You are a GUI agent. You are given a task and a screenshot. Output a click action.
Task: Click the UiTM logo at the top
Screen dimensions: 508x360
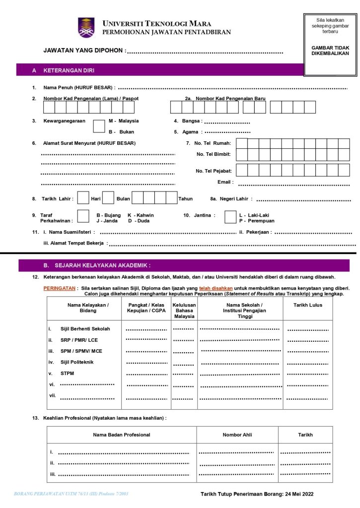click(86, 27)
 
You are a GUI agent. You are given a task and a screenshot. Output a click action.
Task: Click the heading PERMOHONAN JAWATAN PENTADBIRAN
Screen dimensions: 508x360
click(166, 32)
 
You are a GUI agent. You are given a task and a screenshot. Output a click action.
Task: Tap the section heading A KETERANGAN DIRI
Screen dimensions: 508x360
click(63, 70)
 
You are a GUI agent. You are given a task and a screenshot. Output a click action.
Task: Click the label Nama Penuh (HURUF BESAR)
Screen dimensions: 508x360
click(79, 88)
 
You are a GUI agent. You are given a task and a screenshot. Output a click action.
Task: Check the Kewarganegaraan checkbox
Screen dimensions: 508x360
click(99, 126)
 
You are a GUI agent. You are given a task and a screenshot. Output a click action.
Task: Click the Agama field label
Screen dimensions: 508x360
click(190, 132)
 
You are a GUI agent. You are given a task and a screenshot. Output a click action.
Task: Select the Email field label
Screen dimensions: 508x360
click(225, 182)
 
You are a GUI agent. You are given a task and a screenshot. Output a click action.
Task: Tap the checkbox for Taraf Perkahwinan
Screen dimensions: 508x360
click(84, 217)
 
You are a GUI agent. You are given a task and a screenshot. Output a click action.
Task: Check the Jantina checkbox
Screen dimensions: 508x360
click(230, 217)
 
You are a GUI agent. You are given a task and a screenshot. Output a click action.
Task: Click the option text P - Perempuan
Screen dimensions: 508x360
click(257, 221)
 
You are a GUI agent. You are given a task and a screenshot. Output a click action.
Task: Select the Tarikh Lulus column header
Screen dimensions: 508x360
click(309, 305)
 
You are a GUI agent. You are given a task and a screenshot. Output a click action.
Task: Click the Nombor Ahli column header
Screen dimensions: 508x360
click(237, 435)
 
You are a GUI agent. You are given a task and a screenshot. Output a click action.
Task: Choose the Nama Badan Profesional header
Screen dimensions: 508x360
click(122, 435)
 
